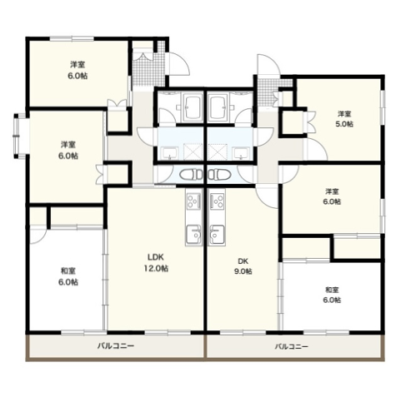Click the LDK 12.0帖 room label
click(156, 262)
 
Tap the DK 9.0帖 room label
click(243, 265)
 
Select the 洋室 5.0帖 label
click(344, 119)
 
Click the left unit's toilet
click(191, 175)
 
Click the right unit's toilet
click(219, 175)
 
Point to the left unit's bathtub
click(193, 107)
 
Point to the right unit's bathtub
click(218, 107)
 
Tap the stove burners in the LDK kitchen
click(193, 201)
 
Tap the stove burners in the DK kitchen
click(218, 201)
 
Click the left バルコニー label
click(116, 346)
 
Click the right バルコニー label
click(292, 346)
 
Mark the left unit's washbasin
click(168, 153)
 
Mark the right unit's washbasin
click(241, 153)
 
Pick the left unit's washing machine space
click(193, 151)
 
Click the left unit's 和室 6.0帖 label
click(68, 276)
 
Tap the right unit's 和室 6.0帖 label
click(332, 295)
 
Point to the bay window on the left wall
click(19, 136)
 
